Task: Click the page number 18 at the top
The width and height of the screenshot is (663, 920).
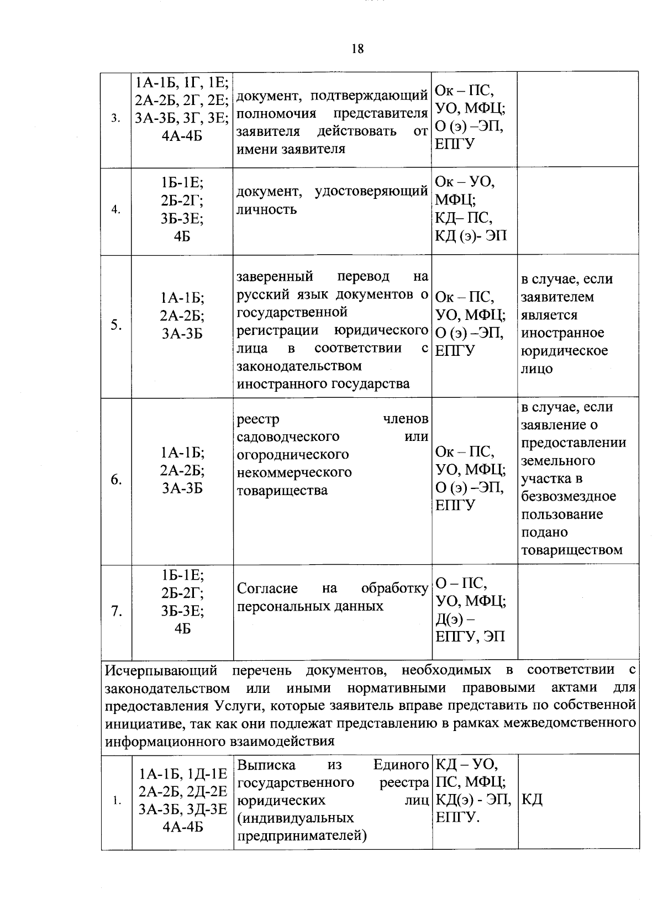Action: pos(357,49)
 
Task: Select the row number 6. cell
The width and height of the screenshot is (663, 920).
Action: pos(116,480)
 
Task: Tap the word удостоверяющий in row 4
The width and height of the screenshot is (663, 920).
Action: pos(371,191)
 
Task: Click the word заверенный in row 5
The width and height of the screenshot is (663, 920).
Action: pos(275,276)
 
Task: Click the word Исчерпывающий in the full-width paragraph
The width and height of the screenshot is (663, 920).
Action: pos(161,670)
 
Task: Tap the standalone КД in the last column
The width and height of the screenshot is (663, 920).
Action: pos(532,800)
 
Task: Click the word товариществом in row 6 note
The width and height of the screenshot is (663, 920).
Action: pos(571,550)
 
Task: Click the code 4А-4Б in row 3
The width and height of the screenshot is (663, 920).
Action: pos(182,135)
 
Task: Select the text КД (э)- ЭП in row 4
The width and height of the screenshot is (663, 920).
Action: pos(470,235)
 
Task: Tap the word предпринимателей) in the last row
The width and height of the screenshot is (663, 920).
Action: pos(302,835)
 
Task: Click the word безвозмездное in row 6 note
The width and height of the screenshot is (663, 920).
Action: pos(568,496)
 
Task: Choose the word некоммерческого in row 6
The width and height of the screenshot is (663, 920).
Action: pos(294,472)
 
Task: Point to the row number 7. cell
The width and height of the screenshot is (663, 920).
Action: pos(116,611)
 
